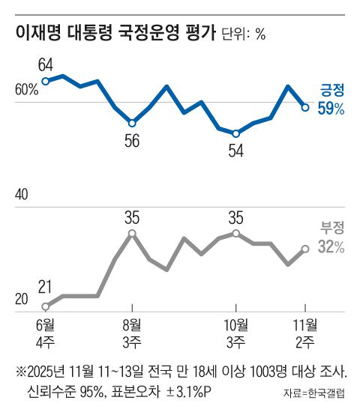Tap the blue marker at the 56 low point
coord(132,123)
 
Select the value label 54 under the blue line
coord(236,149)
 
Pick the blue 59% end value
coord(330,109)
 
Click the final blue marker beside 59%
coord(305,107)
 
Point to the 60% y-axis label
coord(26,91)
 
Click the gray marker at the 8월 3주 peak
coord(132,234)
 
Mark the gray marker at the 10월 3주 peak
coord(236,234)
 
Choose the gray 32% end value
coord(330,248)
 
